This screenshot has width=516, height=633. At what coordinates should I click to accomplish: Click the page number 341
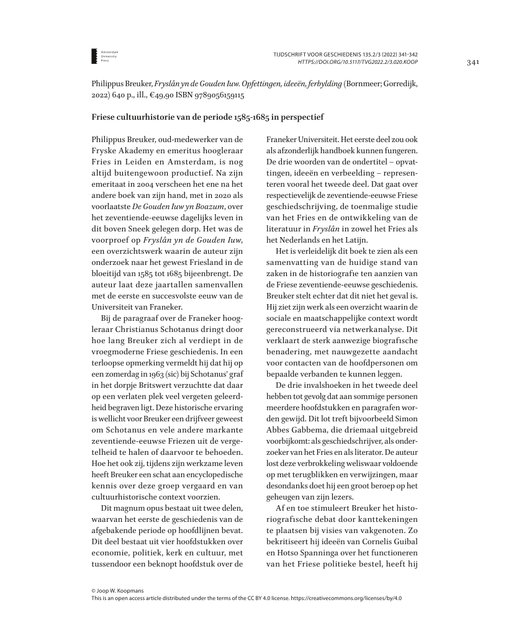pos(473,63)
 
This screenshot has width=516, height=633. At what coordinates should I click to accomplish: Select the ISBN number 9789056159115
pos(213,96)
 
